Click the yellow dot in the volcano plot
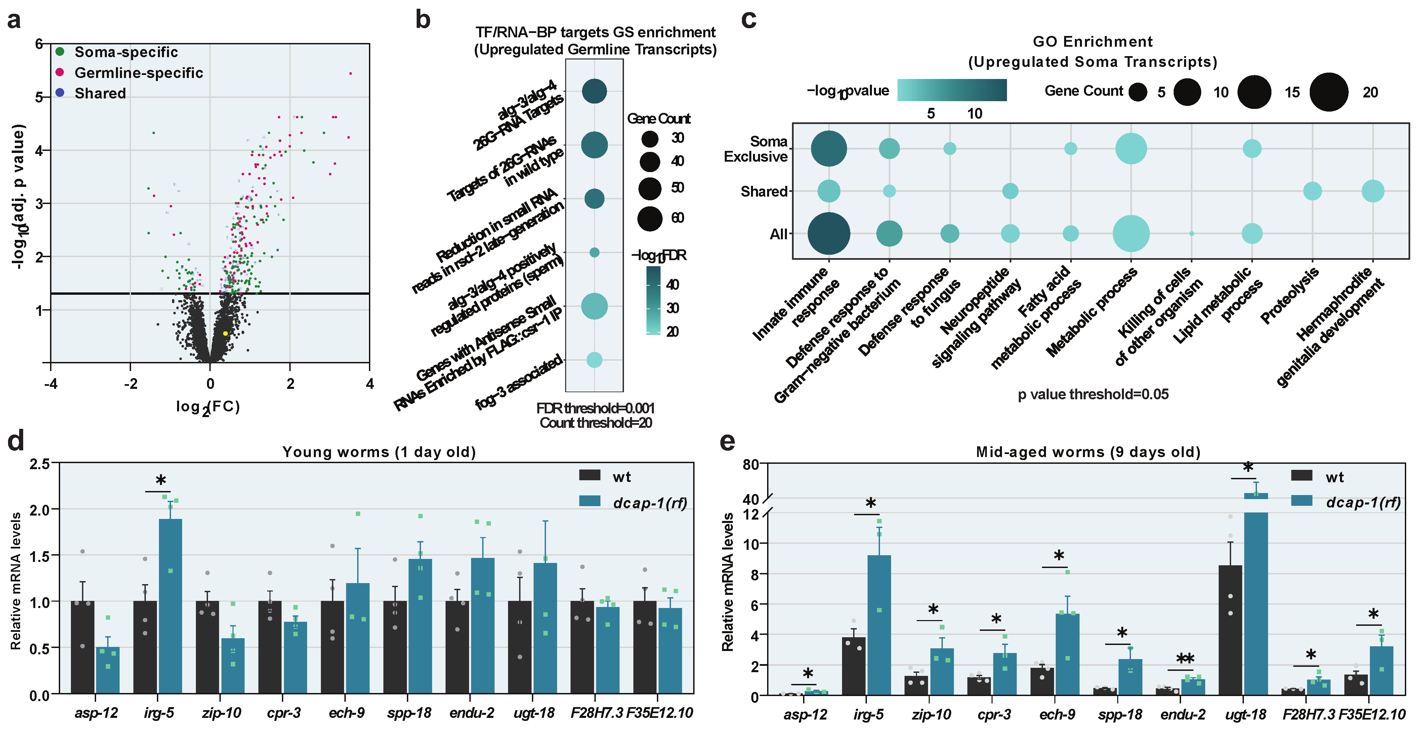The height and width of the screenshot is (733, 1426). pos(225,333)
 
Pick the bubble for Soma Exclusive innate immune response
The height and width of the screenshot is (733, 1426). pos(829,149)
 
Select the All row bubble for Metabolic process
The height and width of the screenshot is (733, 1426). pos(1131,234)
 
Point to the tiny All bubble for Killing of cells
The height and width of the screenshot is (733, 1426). pos(1191,234)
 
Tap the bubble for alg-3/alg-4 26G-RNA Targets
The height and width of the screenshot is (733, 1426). pos(594,91)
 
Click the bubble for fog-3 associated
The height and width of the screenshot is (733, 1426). pos(594,360)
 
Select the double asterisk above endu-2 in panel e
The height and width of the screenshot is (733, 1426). pos(1185,659)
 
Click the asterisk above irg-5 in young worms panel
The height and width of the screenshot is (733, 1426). pos(161,481)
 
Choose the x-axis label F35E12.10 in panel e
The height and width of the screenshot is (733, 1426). pos(1372,714)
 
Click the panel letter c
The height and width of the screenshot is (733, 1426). pos(748,19)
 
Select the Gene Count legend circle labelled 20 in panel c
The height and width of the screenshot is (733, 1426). pos(1329,92)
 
